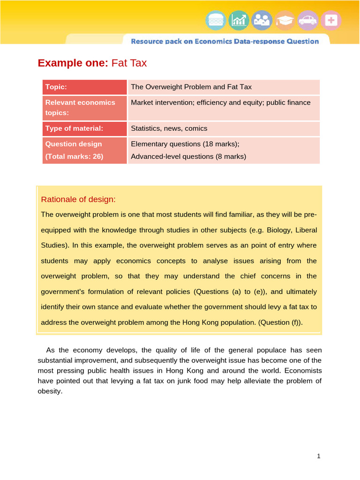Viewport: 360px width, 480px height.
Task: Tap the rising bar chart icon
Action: point(239,20)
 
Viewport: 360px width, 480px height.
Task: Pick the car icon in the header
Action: point(307,20)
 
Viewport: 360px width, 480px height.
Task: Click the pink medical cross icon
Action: point(331,20)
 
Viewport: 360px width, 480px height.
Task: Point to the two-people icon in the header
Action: point(262,20)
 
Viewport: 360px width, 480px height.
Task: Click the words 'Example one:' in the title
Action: point(73,63)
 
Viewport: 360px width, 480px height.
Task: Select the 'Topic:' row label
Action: point(56,87)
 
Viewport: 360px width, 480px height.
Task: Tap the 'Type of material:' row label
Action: point(74,128)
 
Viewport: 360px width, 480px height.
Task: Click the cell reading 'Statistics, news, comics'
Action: point(169,128)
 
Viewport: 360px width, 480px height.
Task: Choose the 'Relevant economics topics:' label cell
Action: point(80,107)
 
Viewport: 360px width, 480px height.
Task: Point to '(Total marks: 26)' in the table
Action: point(74,157)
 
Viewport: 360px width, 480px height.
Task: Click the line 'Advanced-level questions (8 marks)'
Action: point(188,157)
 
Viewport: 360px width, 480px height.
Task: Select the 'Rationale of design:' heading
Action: point(78,199)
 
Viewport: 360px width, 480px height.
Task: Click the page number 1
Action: point(318,456)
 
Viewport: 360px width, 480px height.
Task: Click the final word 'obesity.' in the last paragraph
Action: point(50,391)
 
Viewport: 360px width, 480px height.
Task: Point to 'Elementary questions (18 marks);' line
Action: point(185,144)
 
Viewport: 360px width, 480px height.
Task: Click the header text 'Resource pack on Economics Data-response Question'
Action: point(225,41)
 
